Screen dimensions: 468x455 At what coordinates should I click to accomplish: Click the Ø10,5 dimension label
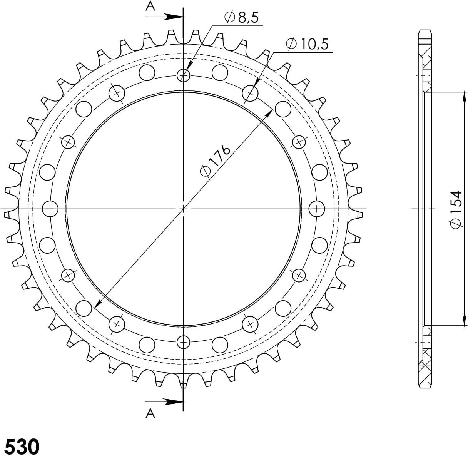307,44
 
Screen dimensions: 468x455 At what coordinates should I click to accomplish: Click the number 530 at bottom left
22,447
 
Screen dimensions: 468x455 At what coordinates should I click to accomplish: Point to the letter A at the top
150,7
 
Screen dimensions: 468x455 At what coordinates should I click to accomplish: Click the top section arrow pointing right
164,17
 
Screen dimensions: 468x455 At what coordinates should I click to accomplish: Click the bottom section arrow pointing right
164,401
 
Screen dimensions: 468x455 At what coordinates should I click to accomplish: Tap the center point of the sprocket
184,209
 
